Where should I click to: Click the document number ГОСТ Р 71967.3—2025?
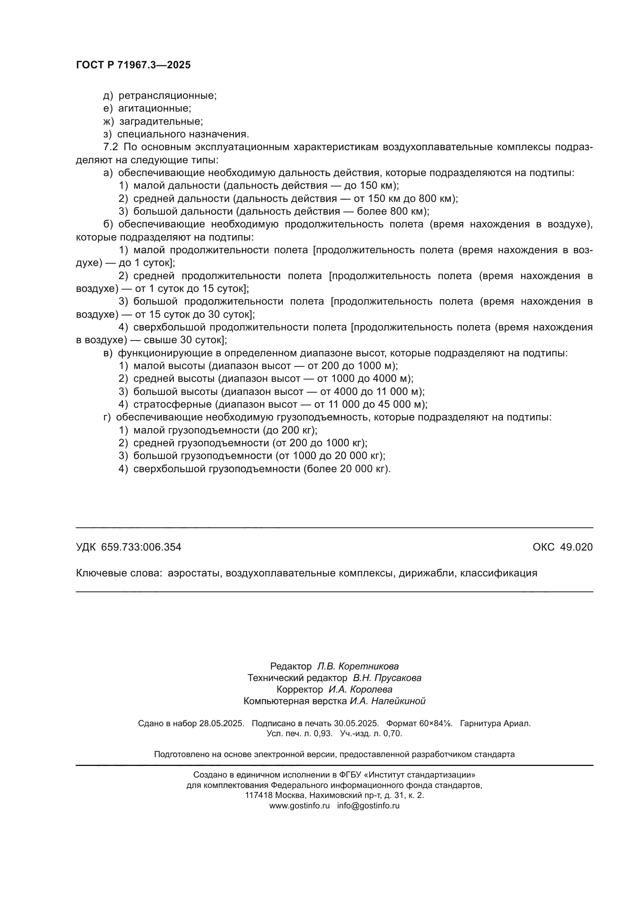[x=133, y=65]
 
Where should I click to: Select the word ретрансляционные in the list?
[x=167, y=96]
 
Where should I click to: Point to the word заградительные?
[x=161, y=121]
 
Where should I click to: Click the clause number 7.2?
[x=110, y=147]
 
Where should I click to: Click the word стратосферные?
[x=173, y=404]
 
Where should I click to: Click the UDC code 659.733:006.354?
[x=141, y=547]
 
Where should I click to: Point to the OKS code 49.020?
[x=576, y=547]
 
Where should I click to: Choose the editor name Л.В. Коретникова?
[x=358, y=666]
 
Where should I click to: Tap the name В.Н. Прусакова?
[x=387, y=678]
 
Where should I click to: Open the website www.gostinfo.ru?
[x=299, y=805]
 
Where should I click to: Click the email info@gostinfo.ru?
[x=368, y=805]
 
